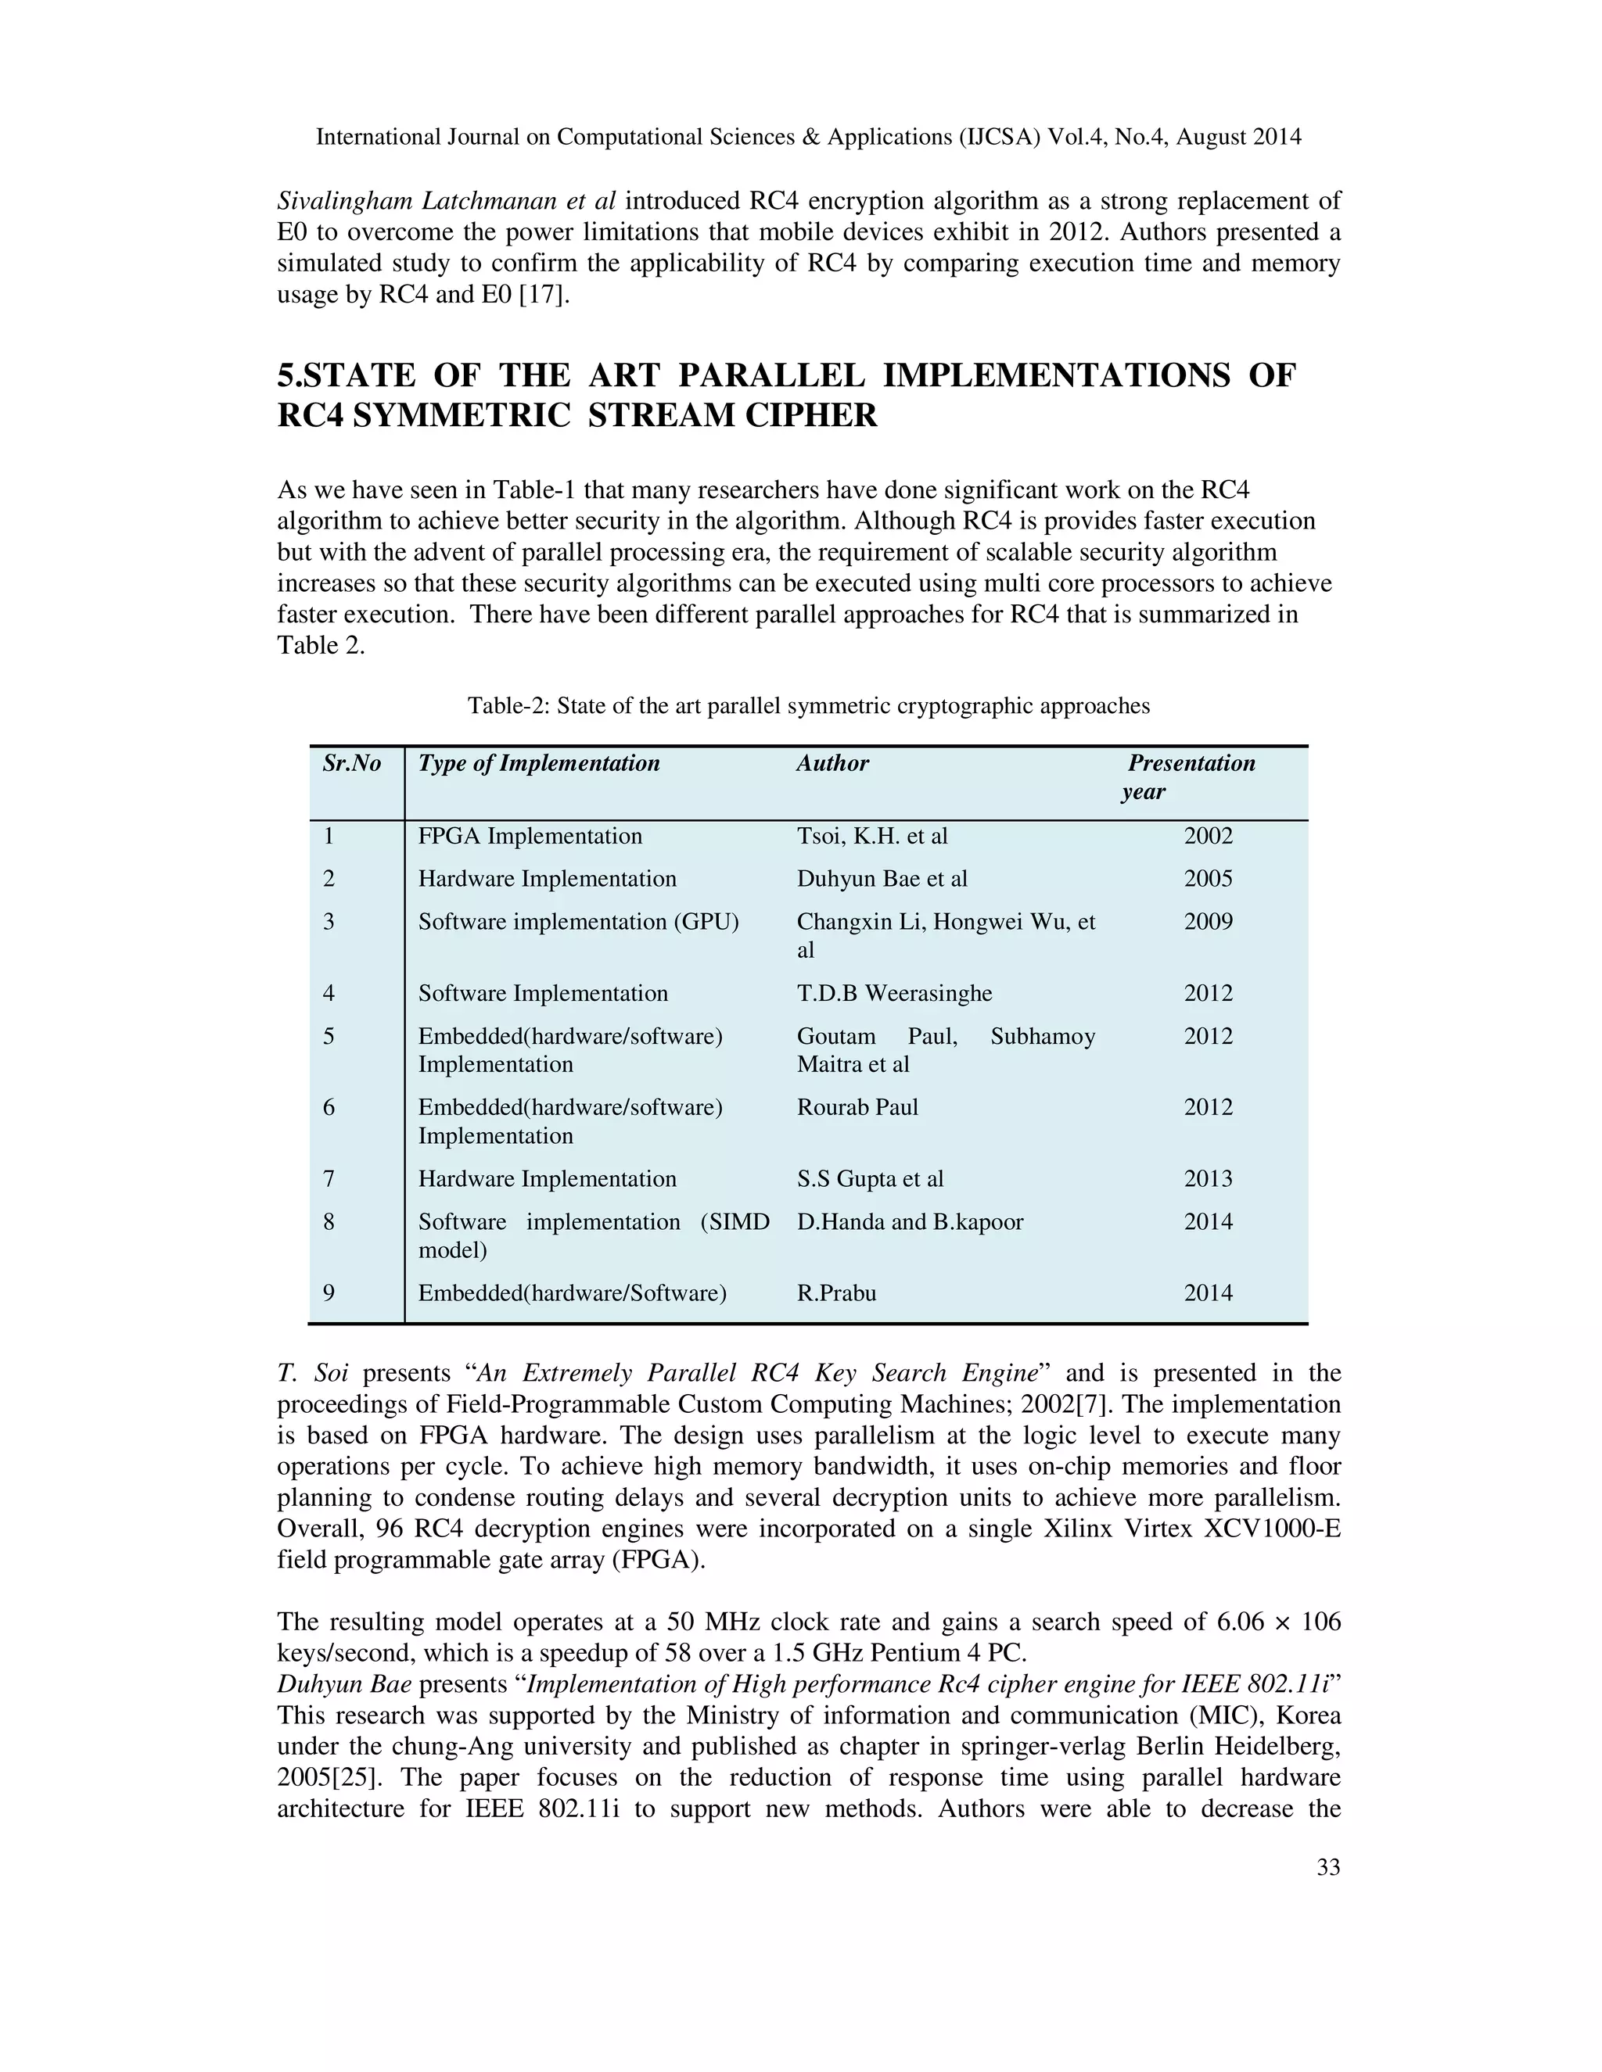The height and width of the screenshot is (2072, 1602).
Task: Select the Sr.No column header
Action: pos(351,764)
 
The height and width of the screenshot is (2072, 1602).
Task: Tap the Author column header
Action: pos(832,764)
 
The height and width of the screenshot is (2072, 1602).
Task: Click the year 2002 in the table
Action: pos(1208,836)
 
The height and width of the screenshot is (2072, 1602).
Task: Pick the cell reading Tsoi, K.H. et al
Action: pos(871,836)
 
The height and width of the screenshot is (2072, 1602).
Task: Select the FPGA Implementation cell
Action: pos(530,836)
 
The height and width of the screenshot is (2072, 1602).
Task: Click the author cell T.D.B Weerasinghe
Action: pos(894,993)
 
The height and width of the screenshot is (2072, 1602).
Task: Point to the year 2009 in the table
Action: pos(1208,922)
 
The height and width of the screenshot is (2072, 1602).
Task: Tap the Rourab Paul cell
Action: pos(857,1107)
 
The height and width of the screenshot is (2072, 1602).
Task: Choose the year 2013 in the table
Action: pos(1208,1178)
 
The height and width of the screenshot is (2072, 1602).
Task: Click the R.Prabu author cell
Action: pos(836,1293)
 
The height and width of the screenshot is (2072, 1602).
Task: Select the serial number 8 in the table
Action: pos(329,1222)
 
